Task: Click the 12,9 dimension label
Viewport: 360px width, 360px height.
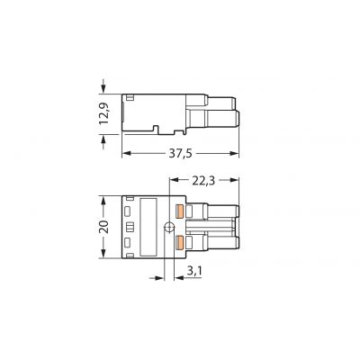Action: [x=104, y=113]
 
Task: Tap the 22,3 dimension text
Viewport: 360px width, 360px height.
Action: [x=203, y=181]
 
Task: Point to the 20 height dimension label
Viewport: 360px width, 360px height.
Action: [x=104, y=227]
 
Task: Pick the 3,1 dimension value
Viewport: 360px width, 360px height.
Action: [x=194, y=271]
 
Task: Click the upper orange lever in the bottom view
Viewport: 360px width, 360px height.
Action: [x=180, y=211]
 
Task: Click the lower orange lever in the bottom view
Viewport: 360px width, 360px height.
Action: [x=180, y=242]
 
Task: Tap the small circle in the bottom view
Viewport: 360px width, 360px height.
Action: [x=169, y=228]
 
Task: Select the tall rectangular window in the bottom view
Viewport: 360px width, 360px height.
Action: [x=148, y=227]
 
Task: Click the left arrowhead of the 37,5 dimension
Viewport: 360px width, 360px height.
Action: [x=127, y=154]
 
